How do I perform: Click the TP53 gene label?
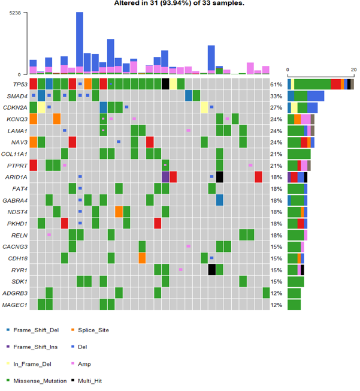[17, 84]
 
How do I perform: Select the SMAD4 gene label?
[16, 95]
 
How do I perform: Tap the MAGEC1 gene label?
[16, 305]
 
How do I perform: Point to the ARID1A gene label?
[16, 177]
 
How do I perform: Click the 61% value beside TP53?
[276, 84]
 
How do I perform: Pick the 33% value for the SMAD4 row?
[276, 95]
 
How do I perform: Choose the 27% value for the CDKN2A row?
[276, 107]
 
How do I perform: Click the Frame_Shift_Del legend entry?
[35, 330]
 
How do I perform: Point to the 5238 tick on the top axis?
[15, 13]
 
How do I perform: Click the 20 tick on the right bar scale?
[353, 68]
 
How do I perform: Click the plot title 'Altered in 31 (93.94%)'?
[179, 4]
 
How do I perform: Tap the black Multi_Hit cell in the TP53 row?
[165, 84]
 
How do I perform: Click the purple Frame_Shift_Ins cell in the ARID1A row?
[165, 177]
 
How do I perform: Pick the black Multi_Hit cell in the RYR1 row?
[212, 270]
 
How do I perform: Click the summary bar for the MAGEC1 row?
[294, 305]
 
